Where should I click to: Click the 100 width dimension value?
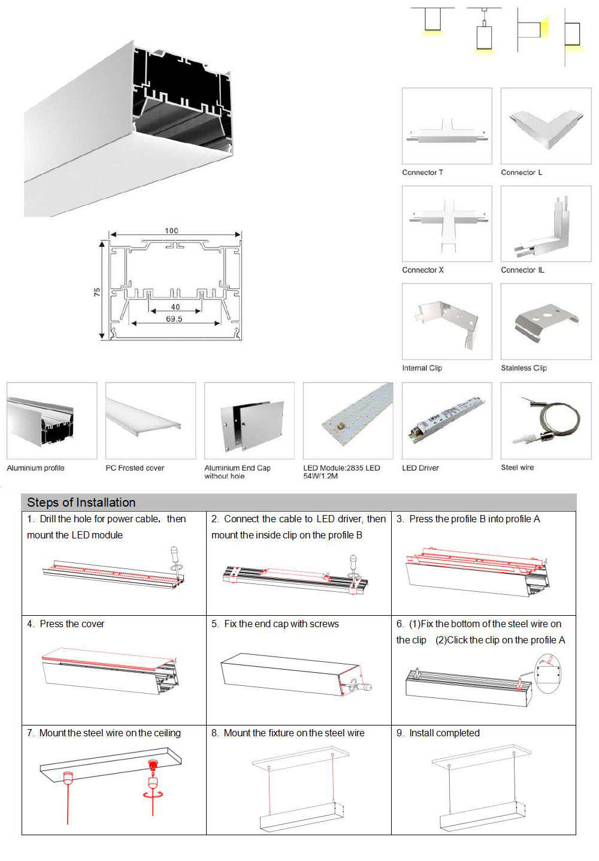171,231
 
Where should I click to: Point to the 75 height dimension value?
97,292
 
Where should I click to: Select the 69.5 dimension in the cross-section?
174,319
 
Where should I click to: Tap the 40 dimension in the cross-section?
175,307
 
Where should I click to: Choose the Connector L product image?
546,127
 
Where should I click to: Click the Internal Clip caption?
422,368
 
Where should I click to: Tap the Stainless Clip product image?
546,322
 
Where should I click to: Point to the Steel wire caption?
517,468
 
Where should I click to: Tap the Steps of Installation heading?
81,502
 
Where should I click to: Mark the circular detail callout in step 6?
550,675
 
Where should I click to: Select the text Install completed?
444,733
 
